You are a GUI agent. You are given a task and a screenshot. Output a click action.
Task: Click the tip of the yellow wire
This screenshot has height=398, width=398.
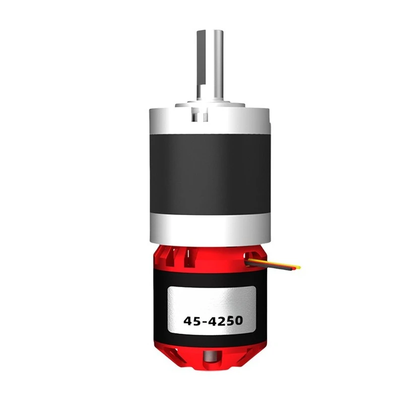click(x=299, y=267)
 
